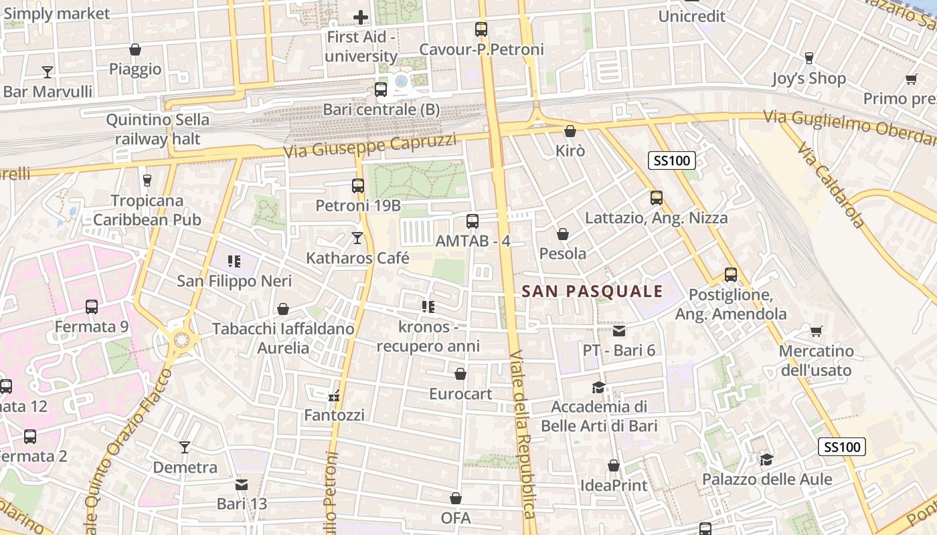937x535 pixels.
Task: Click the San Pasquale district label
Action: point(592,292)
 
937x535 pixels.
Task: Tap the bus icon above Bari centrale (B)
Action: point(381,89)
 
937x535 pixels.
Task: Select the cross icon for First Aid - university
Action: point(361,17)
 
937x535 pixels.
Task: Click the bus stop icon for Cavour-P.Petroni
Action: point(481,29)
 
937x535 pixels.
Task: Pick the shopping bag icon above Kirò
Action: point(570,131)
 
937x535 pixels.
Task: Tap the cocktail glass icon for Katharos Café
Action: point(357,237)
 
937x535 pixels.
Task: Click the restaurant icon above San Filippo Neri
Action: point(234,261)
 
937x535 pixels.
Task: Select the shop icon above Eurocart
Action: point(460,374)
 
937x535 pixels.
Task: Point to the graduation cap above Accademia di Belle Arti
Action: point(598,387)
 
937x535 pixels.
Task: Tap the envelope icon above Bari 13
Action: point(242,484)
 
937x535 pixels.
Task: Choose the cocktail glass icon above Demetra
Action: point(185,447)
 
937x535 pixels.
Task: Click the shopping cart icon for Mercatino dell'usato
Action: point(816,331)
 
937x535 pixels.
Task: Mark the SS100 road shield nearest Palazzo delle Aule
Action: point(842,447)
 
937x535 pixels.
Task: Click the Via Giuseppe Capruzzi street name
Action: point(369,145)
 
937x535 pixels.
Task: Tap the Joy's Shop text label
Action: point(808,78)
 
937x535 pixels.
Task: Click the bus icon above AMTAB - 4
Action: point(473,221)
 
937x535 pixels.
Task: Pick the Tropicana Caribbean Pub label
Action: point(147,210)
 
